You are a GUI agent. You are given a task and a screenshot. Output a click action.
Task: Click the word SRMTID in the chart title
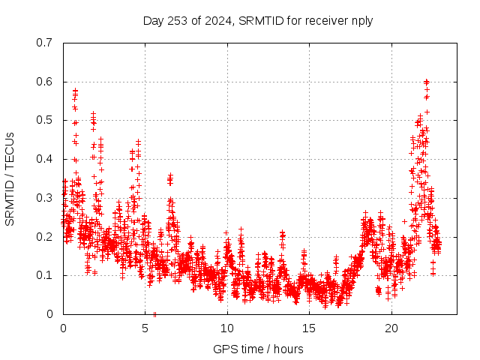click(x=259, y=20)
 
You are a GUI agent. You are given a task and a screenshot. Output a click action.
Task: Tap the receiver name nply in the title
click(x=360, y=20)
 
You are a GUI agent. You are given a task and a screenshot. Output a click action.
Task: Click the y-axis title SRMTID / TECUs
click(x=10, y=178)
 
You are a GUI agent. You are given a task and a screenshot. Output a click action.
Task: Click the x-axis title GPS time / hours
click(x=258, y=349)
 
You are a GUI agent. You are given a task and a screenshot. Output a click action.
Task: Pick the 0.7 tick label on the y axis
click(x=44, y=43)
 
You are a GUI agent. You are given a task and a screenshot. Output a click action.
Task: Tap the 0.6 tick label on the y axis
click(x=44, y=82)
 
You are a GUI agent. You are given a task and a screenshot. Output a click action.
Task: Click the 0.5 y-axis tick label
click(x=44, y=120)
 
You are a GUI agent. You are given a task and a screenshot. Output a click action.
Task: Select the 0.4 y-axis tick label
click(x=44, y=159)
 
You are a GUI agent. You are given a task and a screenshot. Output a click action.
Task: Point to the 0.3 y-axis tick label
click(x=44, y=198)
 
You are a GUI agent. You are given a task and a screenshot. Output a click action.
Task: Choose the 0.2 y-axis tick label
click(x=44, y=236)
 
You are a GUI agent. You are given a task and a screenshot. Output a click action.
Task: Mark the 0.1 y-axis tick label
click(x=44, y=275)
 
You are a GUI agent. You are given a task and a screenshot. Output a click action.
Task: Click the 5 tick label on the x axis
click(x=145, y=328)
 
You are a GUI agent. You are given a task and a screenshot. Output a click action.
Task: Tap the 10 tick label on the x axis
click(x=227, y=328)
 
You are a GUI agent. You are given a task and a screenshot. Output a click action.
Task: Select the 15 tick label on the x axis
click(x=309, y=328)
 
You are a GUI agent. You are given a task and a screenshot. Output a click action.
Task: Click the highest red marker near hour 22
click(x=426, y=81)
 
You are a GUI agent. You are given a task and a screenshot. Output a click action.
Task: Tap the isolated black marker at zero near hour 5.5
click(x=154, y=313)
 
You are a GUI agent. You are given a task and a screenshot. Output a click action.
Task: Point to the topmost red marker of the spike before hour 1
click(x=75, y=91)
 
